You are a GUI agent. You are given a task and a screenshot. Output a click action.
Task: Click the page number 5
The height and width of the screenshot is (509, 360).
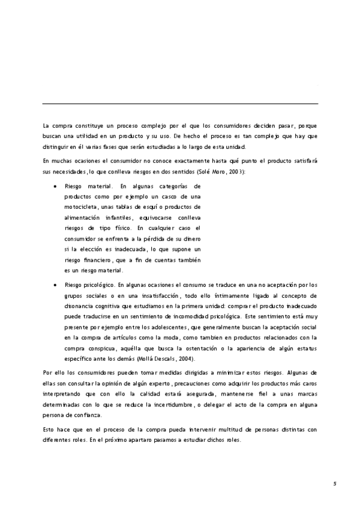335,483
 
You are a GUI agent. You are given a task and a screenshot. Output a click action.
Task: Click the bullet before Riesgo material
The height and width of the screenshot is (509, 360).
55,187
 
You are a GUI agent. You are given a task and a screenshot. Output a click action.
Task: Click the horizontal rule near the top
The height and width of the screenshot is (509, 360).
180,104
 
